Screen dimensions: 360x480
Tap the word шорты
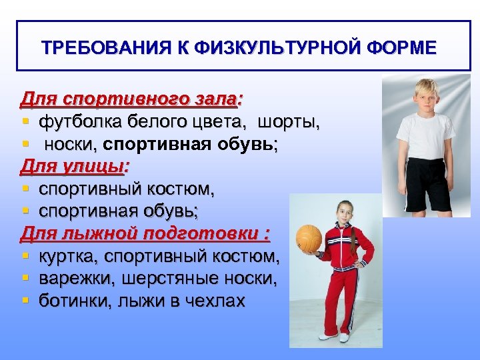pos(289,122)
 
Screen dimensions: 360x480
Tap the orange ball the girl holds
pos(309,238)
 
